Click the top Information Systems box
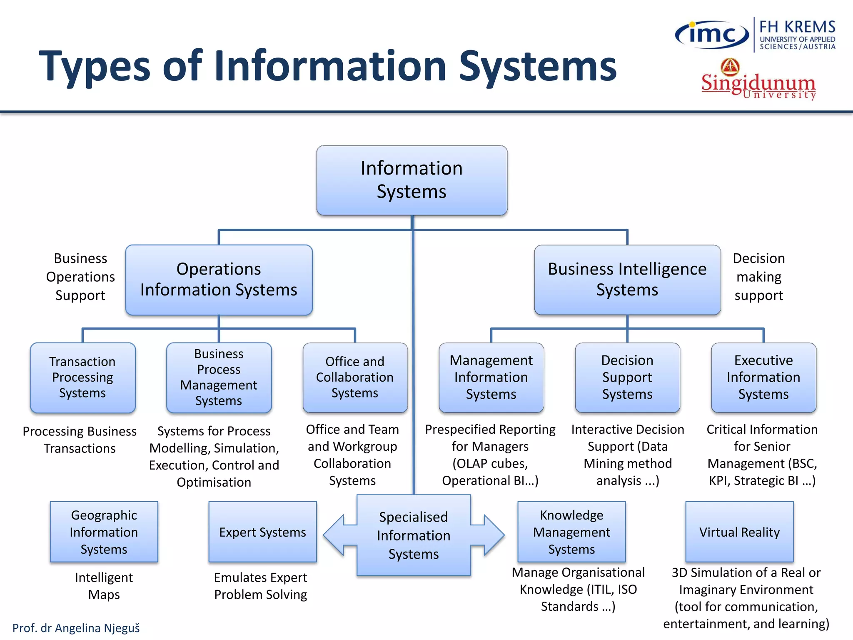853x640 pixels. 412,180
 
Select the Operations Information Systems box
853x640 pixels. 219,280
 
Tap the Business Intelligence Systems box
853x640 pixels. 627,280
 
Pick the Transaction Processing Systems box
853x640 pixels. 82,377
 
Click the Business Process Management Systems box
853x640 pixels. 219,377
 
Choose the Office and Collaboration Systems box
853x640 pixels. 355,377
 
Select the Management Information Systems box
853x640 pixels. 491,377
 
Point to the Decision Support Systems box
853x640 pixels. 627,377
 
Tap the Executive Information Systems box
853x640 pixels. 763,377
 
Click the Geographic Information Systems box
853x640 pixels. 104,532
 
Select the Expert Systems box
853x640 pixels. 262,532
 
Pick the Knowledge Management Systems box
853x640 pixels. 571,532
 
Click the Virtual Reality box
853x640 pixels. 739,532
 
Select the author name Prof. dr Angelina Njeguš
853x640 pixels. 76,628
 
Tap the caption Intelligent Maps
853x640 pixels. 104,586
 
